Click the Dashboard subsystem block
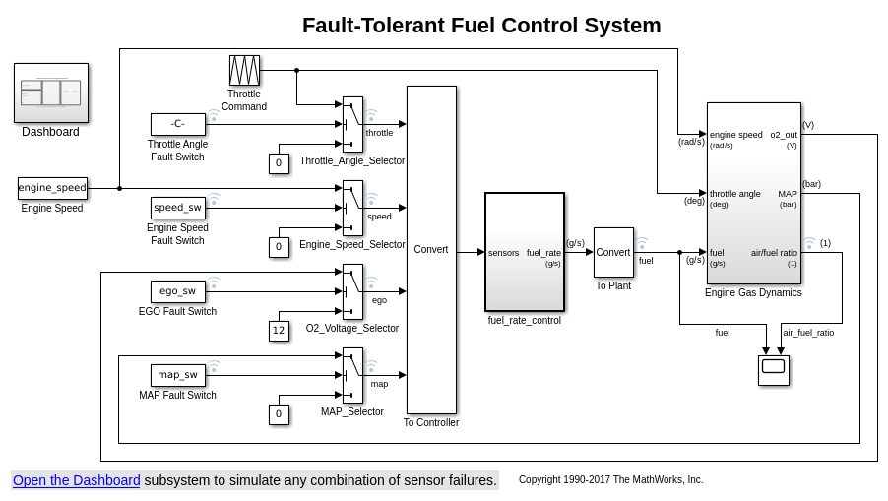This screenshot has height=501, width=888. pyautogui.click(x=51, y=93)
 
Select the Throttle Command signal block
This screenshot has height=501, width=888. pyautogui.click(x=244, y=70)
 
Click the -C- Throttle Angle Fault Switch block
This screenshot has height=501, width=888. pyautogui.click(x=178, y=124)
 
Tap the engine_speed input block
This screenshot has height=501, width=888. pyautogui.click(x=52, y=188)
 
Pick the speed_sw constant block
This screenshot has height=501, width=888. pyautogui.click(x=178, y=208)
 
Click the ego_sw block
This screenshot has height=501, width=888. pyautogui.click(x=178, y=291)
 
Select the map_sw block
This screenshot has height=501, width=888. pyautogui.click(x=178, y=375)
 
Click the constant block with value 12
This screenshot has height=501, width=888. pyautogui.click(x=279, y=331)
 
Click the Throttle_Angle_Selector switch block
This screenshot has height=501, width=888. pyautogui.click(x=352, y=124)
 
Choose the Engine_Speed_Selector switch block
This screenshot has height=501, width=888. pyautogui.click(x=352, y=208)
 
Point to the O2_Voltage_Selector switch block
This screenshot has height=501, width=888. pyautogui.click(x=352, y=291)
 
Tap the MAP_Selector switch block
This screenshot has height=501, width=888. pyautogui.click(x=352, y=375)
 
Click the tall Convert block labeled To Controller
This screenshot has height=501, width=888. pyautogui.click(x=431, y=250)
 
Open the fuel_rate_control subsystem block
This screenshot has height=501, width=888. pyautogui.click(x=525, y=252)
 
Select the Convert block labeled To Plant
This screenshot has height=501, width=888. pyautogui.click(x=613, y=252)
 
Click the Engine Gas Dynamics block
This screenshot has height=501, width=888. pyautogui.click(x=753, y=193)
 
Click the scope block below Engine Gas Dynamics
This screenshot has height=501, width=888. pyautogui.click(x=774, y=370)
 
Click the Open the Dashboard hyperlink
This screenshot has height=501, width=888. pyautogui.click(x=77, y=480)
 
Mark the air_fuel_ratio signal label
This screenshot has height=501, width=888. pyautogui.click(x=808, y=333)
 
